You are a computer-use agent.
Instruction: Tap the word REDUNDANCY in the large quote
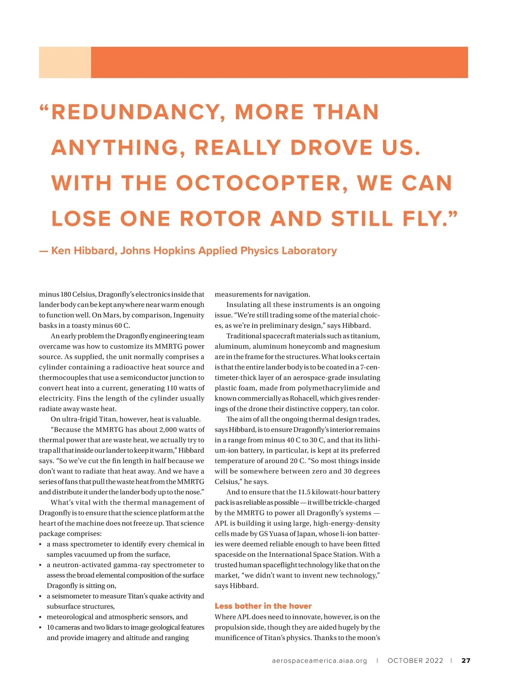[x=135, y=112]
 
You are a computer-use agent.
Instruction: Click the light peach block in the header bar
[x=65, y=63]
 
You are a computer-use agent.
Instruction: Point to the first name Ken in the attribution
[x=60, y=251]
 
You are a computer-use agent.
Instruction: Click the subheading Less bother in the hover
[x=263, y=606]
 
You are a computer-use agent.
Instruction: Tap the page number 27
[x=466, y=660]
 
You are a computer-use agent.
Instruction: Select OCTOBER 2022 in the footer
[x=415, y=660]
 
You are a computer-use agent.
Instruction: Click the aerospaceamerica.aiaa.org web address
[x=319, y=660]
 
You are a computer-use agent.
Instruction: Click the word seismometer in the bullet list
[x=71, y=596]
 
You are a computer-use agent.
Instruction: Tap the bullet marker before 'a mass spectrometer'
[x=41, y=545]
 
